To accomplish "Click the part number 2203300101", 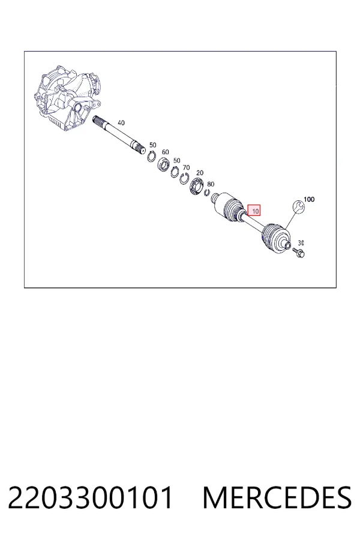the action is [90, 497].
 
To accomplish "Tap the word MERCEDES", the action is [277, 497].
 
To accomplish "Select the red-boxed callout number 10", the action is [254, 211].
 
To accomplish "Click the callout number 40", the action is [121, 122].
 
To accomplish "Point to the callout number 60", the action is [166, 152].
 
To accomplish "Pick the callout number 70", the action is [186, 168].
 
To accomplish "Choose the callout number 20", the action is [200, 173].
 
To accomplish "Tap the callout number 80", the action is [211, 184].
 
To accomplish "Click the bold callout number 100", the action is [309, 199].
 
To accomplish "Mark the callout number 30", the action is [301, 243].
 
